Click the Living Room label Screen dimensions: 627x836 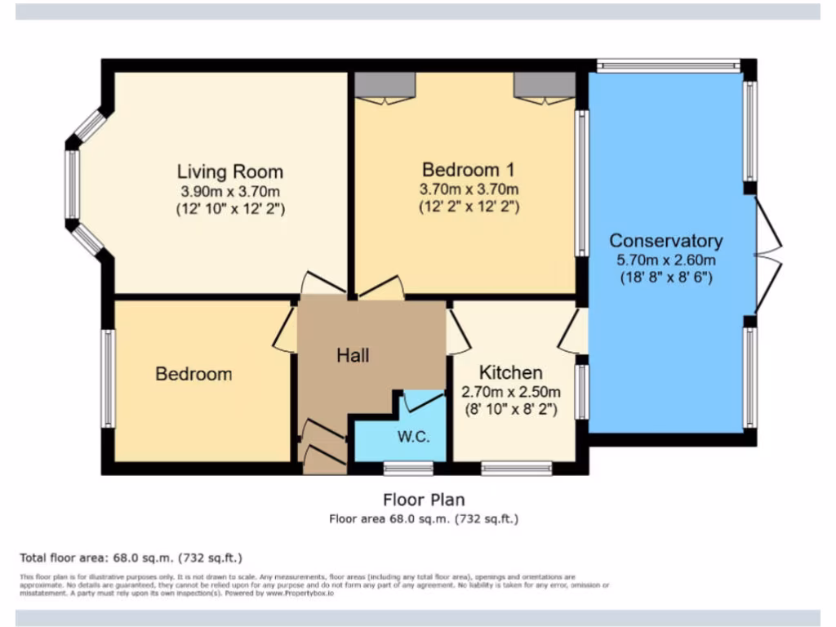tap(230, 172)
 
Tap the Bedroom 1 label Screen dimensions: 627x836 tap(468, 170)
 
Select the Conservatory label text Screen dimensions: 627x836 tap(665, 241)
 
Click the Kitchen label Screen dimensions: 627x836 tap(510, 372)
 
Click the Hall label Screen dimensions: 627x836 tap(353, 355)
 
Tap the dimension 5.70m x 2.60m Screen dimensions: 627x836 tap(665, 260)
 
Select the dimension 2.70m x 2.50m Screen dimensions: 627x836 tap(509, 392)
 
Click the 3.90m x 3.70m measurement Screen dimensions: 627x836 tap(229, 191)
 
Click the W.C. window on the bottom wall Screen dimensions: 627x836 tap(409, 468)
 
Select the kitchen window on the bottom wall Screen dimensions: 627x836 tap(516, 468)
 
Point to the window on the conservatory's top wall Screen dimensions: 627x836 tap(668, 64)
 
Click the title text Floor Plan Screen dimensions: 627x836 tap(424, 499)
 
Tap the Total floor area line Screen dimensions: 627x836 tap(131, 558)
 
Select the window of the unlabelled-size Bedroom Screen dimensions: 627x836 tap(109, 378)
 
